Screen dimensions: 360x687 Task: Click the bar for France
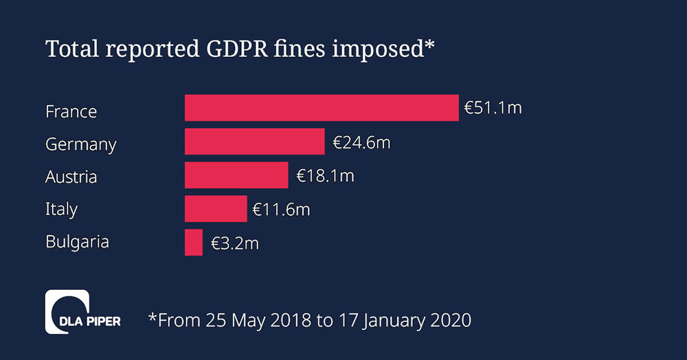[x=322, y=108]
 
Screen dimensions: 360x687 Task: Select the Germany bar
[x=254, y=142]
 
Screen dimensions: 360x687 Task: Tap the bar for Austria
[x=236, y=175]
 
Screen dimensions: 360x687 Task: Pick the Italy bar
[x=216, y=209]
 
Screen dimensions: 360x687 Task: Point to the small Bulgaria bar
[x=194, y=243]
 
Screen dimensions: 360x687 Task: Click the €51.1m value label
[x=493, y=108]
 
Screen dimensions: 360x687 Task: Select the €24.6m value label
[x=361, y=142]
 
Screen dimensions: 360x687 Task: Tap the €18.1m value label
[x=325, y=175]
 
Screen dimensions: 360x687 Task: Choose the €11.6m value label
[x=281, y=209]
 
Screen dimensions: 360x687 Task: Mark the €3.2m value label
[x=234, y=243]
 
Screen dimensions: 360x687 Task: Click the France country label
[x=71, y=111]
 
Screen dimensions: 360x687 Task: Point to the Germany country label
[x=80, y=145]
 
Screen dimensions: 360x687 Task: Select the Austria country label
[x=71, y=177]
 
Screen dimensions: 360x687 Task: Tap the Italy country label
[x=61, y=210]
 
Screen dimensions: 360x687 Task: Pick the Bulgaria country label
[x=77, y=242]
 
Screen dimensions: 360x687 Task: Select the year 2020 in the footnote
[x=451, y=319]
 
